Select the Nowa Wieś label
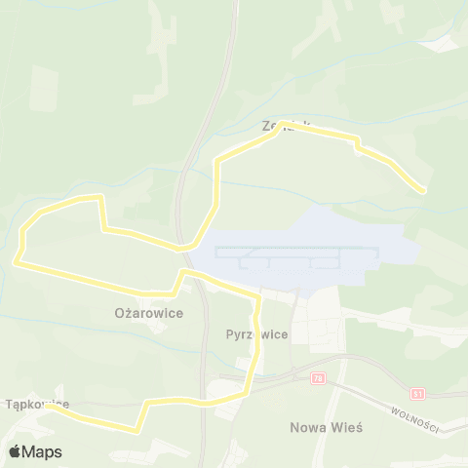[x=326, y=427]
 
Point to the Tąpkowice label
[x=37, y=403]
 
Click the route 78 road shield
[x=318, y=377]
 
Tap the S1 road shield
[x=418, y=394]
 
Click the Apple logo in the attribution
[x=16, y=451]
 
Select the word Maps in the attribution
[x=42, y=451]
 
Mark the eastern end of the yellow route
[x=423, y=189]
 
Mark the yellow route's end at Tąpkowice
[x=47, y=408]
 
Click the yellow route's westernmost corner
[x=17, y=260]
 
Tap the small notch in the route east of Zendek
[x=358, y=146]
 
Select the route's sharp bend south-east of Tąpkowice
[x=136, y=427]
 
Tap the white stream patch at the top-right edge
[x=444, y=43]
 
